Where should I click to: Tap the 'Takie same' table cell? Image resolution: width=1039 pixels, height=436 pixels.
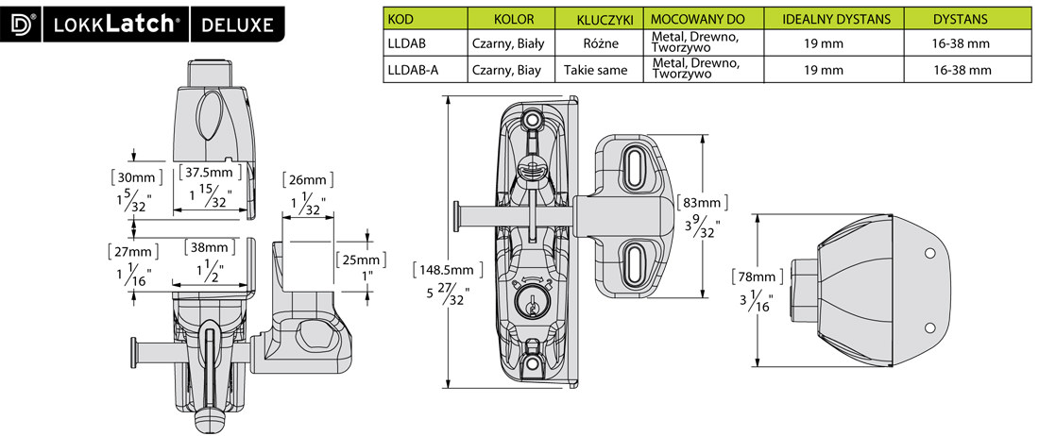tap(595, 69)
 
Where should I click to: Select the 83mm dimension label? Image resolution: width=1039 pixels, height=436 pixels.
tap(699, 202)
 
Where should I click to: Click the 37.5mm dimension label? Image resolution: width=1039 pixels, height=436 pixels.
tap(209, 173)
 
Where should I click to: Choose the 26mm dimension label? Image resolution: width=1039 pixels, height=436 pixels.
tap(309, 179)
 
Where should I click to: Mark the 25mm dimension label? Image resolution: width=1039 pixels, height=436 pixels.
tap(360, 259)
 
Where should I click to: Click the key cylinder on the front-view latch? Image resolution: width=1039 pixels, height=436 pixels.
tap(532, 302)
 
